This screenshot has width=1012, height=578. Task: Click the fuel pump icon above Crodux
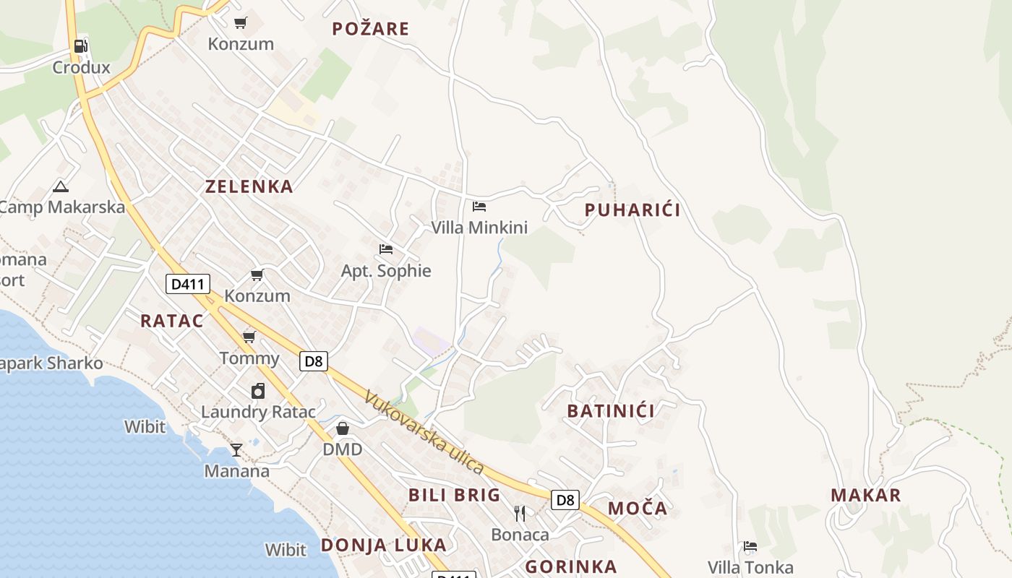[x=80, y=46]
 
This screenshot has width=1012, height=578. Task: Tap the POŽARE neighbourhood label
[x=371, y=29]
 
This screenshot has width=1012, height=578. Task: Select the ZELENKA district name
[x=249, y=186]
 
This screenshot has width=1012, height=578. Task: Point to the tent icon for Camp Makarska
[x=61, y=186]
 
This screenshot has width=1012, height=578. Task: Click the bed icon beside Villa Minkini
[x=479, y=207]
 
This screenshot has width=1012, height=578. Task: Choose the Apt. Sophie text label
[x=386, y=271]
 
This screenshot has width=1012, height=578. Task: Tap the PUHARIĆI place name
[x=632, y=210]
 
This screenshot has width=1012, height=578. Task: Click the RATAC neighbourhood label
[x=172, y=321]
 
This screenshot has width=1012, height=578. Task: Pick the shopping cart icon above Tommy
[x=249, y=337]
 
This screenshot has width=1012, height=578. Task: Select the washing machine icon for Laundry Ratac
[x=258, y=392]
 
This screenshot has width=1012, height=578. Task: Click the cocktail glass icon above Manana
[x=236, y=450]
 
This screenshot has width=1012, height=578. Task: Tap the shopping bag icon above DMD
[x=343, y=428]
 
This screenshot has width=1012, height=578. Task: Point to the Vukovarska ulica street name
[x=424, y=432]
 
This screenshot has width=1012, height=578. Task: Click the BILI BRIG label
[x=454, y=495]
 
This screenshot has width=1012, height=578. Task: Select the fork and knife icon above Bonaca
[x=520, y=514]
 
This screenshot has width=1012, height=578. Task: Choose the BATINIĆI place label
[x=611, y=411]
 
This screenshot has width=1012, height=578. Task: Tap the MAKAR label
[x=865, y=495]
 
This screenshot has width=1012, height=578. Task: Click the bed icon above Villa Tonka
[x=750, y=546]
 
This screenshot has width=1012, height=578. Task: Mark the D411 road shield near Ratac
[x=187, y=284]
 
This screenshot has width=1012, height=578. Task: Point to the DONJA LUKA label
[x=383, y=545]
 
